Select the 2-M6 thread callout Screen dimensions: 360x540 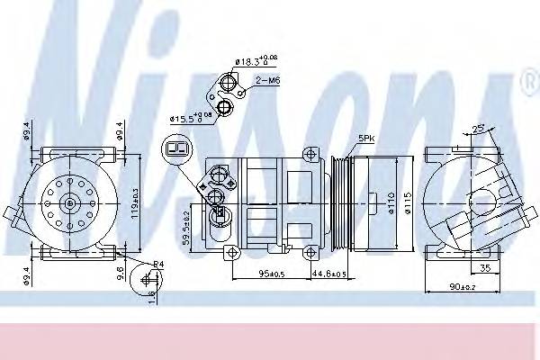tap(266, 80)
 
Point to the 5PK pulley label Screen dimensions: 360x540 tap(367, 138)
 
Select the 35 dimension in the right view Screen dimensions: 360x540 tap(484, 267)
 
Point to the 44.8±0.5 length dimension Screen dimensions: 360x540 tap(328, 274)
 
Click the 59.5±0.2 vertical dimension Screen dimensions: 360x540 tap(185, 228)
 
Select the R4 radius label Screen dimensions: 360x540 tap(157, 263)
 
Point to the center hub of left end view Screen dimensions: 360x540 tap(69, 204)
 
